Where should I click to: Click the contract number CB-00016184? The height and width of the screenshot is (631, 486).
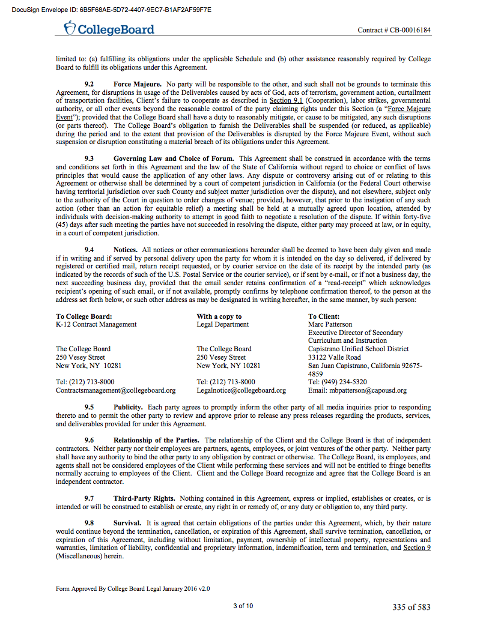click(x=394, y=30)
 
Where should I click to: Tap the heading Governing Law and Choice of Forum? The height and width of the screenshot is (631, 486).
click(x=174, y=158)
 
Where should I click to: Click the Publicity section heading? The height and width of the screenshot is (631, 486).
click(x=127, y=406)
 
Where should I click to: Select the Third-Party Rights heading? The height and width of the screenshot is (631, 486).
click(x=144, y=498)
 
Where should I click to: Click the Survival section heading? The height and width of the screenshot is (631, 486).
click(x=127, y=523)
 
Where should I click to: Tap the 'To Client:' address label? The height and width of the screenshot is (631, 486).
click(x=324, y=316)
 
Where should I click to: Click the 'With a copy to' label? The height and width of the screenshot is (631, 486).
click(x=219, y=316)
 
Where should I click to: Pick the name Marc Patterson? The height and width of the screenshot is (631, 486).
click(x=330, y=324)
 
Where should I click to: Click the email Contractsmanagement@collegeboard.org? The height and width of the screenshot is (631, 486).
click(x=116, y=390)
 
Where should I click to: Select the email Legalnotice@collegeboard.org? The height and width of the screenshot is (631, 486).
click(x=241, y=390)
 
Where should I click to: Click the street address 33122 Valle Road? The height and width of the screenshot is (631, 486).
click(x=335, y=357)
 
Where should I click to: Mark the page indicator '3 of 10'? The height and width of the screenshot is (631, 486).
click(x=243, y=606)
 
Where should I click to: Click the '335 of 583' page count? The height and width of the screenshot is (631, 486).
click(x=412, y=607)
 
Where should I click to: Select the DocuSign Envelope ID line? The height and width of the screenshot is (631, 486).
click(x=112, y=10)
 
